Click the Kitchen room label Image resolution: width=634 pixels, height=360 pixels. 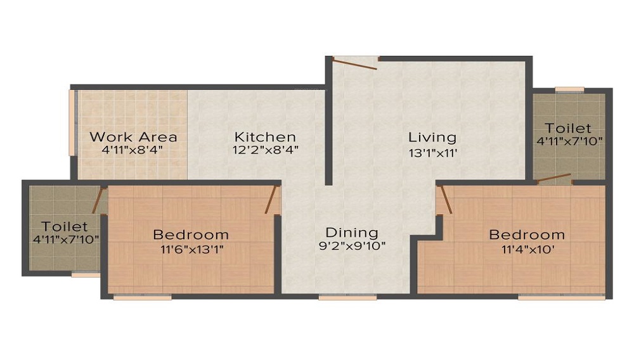point(265,137)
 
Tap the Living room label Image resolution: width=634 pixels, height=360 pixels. point(432,137)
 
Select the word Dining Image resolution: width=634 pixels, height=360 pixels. point(352,233)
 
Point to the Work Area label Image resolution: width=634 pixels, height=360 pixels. point(133,137)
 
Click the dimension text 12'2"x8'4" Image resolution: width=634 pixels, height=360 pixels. point(265,150)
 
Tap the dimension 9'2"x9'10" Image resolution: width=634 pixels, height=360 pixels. point(352,246)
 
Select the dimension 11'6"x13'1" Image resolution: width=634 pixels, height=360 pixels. point(191,248)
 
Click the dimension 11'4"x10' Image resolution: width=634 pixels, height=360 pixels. point(526,248)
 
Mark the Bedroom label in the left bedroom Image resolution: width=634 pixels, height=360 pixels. point(191,235)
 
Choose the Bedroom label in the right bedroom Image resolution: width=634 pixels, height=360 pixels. point(526,235)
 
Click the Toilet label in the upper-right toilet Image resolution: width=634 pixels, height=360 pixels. point(568,129)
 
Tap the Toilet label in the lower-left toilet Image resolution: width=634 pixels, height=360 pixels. point(65,226)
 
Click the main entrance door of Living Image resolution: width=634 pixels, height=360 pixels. point(355,62)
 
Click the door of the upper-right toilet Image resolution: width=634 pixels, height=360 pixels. point(553,179)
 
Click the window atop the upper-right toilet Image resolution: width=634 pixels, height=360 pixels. point(569,89)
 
